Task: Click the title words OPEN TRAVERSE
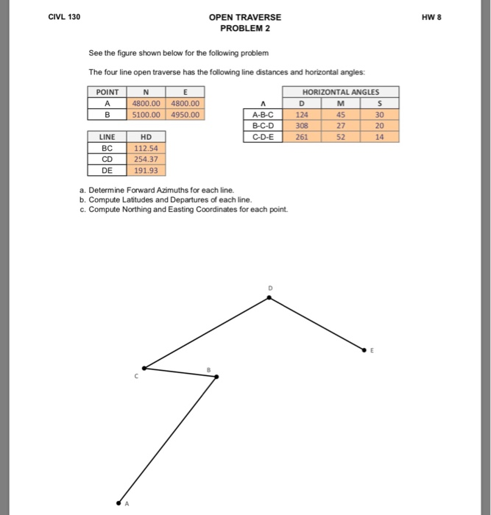point(244,17)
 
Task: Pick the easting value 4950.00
point(186,115)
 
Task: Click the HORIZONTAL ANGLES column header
point(341,92)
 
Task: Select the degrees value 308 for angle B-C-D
point(302,126)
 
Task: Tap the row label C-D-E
point(263,137)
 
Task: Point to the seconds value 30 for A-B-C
point(379,115)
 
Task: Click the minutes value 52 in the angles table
point(341,137)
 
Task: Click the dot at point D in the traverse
point(269,298)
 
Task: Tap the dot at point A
point(119,502)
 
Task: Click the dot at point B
point(216,377)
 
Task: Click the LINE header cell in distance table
point(107,137)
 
